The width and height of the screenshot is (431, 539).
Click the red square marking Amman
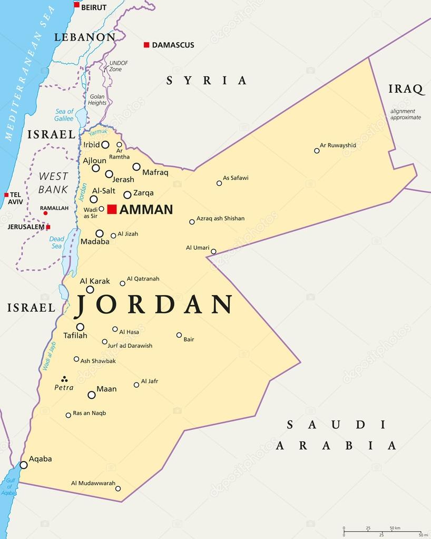pyautogui.click(x=112, y=209)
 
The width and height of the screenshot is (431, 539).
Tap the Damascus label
pyautogui.click(x=173, y=45)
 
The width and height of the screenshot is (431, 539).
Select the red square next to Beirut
pyautogui.click(x=76, y=5)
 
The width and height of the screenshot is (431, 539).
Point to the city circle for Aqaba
pyautogui.click(x=24, y=465)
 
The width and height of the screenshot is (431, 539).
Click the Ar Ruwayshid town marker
pyautogui.click(x=317, y=151)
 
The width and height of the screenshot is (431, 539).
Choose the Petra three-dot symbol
pyautogui.click(x=64, y=379)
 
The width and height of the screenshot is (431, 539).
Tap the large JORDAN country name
pyautogui.click(x=154, y=305)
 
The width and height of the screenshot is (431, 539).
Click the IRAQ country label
pyautogui.click(x=406, y=89)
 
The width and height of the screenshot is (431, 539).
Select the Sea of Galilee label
pyautogui.click(x=64, y=115)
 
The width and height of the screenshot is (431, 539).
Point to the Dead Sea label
pyautogui.click(x=56, y=242)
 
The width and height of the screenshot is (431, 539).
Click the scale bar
pyautogui.click(x=382, y=532)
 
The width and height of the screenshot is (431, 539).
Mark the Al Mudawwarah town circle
pyautogui.click(x=118, y=488)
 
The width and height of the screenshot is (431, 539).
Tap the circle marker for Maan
pyautogui.click(x=92, y=395)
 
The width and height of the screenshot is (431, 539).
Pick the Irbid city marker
pyautogui.click(x=105, y=145)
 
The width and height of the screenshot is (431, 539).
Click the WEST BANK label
pyautogui.click(x=53, y=183)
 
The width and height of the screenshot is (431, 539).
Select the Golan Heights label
pyautogui.click(x=97, y=100)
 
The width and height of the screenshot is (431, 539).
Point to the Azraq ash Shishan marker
pyautogui.click(x=192, y=222)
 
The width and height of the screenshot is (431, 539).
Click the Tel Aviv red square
pyautogui.click(x=6, y=195)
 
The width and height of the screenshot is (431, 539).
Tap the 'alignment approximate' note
pyautogui.click(x=406, y=114)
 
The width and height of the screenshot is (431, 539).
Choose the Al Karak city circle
pyautogui.click(x=90, y=289)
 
